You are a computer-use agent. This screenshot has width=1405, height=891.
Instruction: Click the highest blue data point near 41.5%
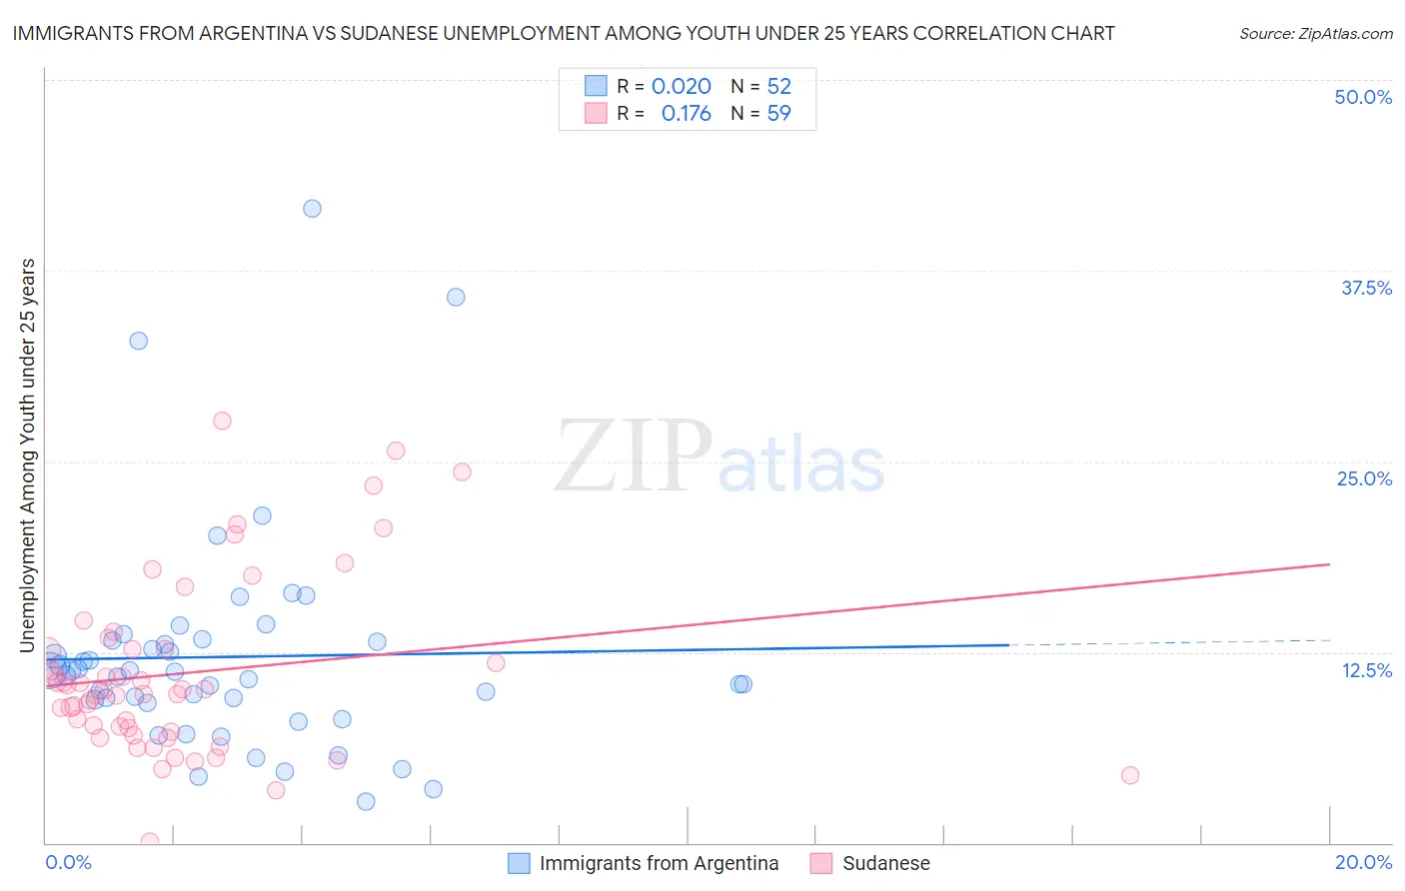[312, 209]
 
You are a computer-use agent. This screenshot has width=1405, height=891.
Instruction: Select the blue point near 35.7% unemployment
[456, 297]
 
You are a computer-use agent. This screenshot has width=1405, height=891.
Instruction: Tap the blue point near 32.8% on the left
[139, 341]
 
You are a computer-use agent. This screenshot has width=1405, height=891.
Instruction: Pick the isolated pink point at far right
[1130, 775]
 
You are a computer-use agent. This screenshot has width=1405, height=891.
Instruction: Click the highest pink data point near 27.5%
[222, 421]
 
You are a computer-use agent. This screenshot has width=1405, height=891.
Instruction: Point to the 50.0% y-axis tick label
[1363, 97]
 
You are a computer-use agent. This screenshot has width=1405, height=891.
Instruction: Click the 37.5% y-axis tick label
[1366, 288]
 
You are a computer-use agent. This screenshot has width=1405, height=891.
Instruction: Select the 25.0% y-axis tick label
[1364, 478]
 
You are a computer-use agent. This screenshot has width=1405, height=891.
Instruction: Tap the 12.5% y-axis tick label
[1366, 670]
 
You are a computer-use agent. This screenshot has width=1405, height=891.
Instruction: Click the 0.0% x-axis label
[68, 862]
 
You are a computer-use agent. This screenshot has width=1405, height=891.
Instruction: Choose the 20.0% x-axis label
[1363, 862]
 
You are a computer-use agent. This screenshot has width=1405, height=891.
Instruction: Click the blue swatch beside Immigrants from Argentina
[519, 863]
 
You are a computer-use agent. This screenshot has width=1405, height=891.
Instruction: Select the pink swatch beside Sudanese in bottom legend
[821, 863]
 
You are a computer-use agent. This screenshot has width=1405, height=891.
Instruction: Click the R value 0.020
[682, 87]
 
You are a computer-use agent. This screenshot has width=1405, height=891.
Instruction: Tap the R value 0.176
[687, 114]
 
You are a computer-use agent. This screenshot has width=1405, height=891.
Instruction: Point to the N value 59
[778, 114]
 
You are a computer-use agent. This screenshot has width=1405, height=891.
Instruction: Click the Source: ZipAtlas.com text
[1315, 33]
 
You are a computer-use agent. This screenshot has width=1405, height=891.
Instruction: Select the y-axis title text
[28, 455]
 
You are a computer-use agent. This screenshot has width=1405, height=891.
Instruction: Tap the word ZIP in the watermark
[634, 457]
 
